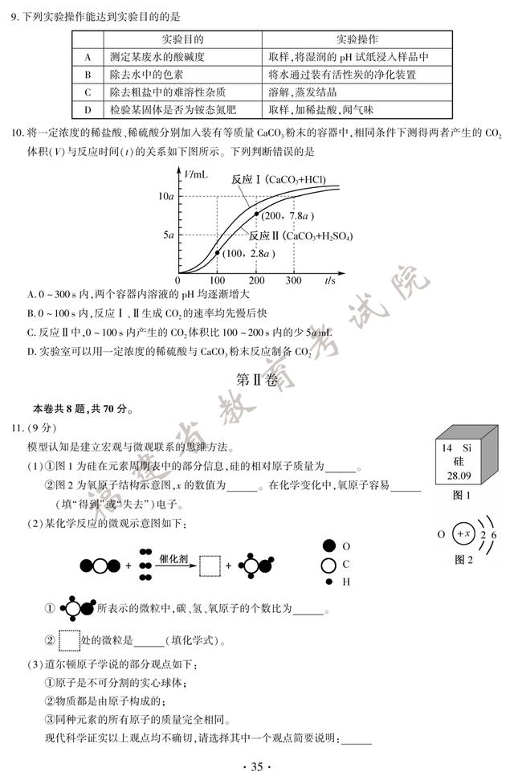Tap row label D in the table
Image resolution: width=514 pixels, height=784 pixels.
(87, 110)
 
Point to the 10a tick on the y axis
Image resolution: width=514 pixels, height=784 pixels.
(166, 196)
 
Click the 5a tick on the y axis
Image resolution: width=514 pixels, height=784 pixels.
(169, 235)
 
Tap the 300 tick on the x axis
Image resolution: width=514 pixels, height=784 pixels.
(293, 281)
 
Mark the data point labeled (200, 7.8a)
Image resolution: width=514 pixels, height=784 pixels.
(256, 214)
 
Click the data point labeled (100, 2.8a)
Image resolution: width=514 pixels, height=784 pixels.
(217, 253)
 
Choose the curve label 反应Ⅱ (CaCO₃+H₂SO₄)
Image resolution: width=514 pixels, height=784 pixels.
(300, 236)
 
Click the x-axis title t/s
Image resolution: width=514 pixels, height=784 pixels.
(330, 280)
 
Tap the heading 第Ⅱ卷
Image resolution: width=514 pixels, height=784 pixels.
(257, 378)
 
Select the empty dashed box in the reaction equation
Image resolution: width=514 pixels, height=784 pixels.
(209, 566)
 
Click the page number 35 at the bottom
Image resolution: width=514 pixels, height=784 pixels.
(257, 766)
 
